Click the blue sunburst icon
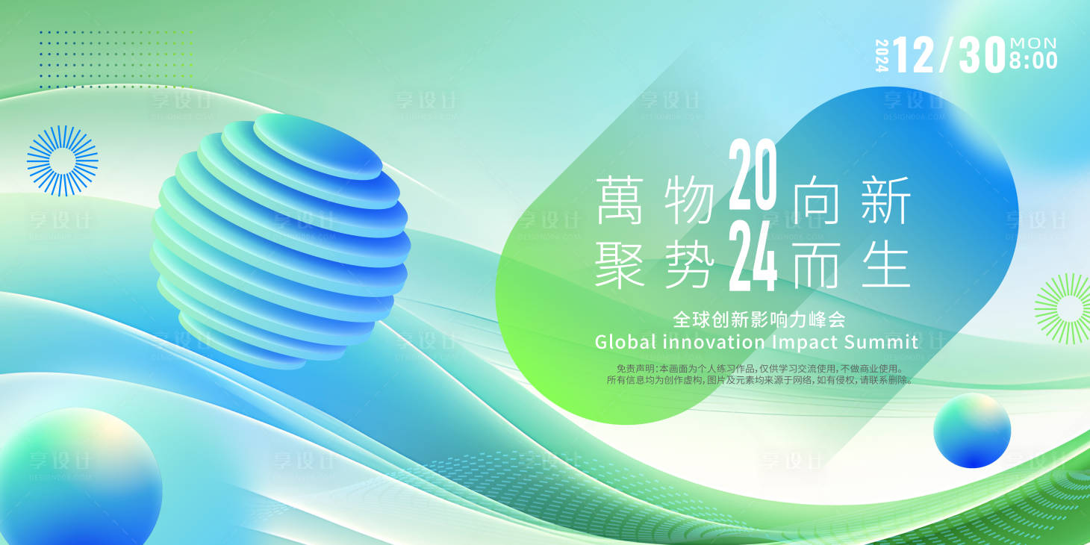point(63,161)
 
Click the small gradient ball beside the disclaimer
point(971,431)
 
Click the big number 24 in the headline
point(753,258)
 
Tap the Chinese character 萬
point(619,201)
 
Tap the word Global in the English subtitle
point(626,342)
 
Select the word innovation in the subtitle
point(714,342)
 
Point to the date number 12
point(913,55)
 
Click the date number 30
point(981,55)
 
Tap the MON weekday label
point(1033,43)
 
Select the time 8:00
point(1033,61)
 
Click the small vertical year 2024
point(882,55)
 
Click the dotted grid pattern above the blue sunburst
point(116,60)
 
